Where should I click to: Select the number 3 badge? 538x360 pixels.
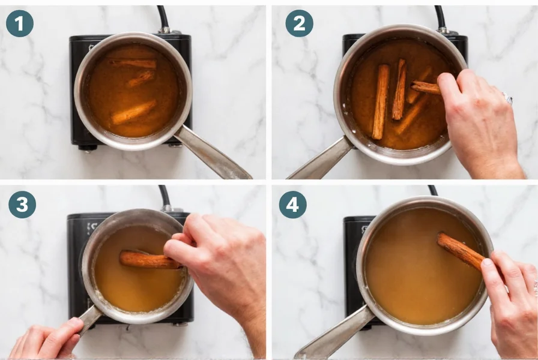[x=22, y=205]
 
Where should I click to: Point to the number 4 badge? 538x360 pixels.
[x=292, y=205]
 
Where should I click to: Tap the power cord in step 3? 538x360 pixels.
[x=164, y=196]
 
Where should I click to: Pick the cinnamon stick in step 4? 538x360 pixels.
[x=460, y=250]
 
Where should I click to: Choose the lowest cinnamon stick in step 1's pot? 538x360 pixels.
[x=133, y=112]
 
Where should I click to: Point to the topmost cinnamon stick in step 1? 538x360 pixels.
[x=133, y=63]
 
